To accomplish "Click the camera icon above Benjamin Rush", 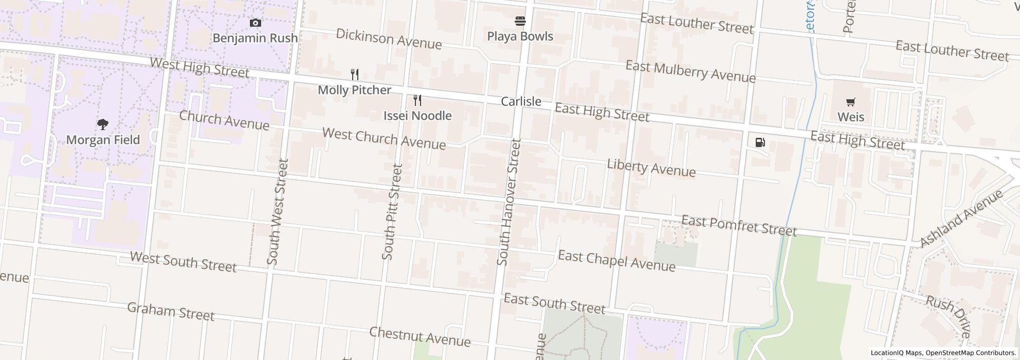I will tap(255, 23).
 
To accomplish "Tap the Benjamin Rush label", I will tap(255, 38).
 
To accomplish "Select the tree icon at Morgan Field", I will tap(103, 124).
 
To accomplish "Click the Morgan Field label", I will tap(103, 140).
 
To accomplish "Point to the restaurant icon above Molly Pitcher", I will tap(354, 75).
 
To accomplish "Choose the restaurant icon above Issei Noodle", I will tap(417, 100).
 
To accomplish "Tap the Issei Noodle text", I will tap(417, 116).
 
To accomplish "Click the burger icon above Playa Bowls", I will tap(520, 21).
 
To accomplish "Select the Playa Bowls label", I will tap(520, 37).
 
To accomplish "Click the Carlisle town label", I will tap(521, 101).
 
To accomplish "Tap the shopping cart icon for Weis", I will tap(851, 102).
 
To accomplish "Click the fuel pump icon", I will tap(760, 142).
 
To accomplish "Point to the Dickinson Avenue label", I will tap(389, 39).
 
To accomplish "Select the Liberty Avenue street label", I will tap(651, 168).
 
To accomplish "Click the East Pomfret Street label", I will tap(739, 226).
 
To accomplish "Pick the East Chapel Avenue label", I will tap(616, 261).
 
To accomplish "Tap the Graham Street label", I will tap(170, 312).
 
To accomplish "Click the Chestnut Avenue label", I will tap(420, 336).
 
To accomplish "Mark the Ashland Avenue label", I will tap(960, 218).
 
